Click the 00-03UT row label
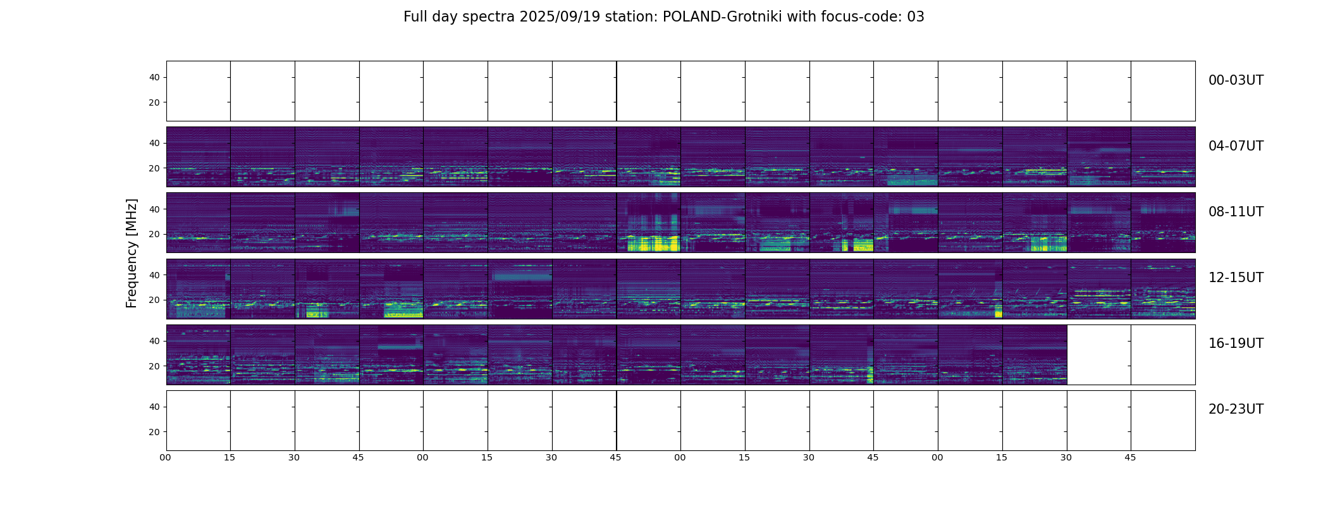click(1236, 80)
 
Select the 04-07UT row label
click(1236, 146)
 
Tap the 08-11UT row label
click(1236, 212)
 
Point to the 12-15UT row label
click(1236, 278)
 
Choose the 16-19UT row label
click(1236, 343)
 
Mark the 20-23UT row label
click(1236, 409)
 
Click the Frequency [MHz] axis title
click(132, 253)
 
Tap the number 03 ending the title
click(916, 17)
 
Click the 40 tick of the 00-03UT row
click(154, 78)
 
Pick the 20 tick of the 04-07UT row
click(154, 169)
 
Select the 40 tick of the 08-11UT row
click(154, 209)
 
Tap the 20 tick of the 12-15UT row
click(154, 300)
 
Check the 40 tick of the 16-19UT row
click(154, 341)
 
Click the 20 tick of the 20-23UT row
click(154, 432)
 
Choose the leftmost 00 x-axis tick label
click(166, 457)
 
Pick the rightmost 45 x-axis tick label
click(1130, 457)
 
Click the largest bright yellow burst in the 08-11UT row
click(651, 244)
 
